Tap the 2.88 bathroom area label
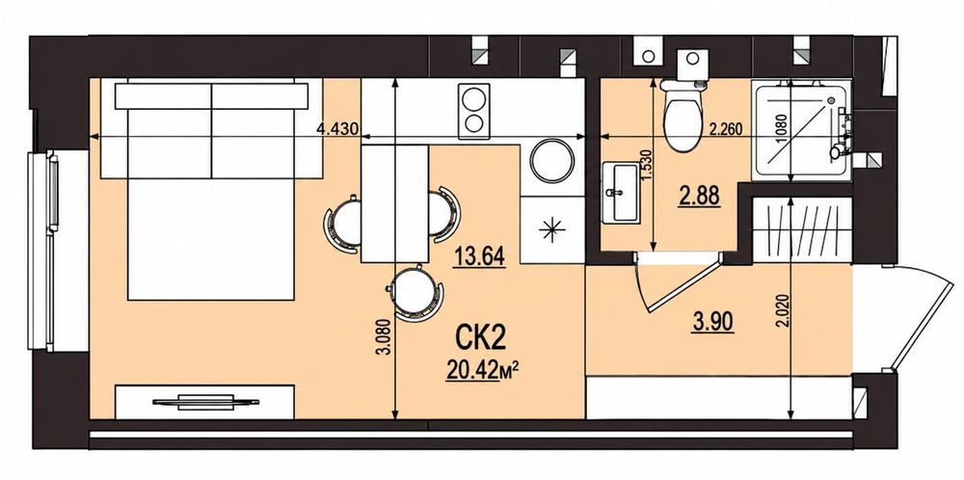(x=699, y=197)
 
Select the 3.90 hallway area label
(x=713, y=321)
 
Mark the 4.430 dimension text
(x=336, y=130)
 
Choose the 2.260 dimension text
(x=726, y=130)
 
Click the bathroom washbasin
(x=621, y=193)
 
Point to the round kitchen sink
(x=552, y=161)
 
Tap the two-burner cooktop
(x=474, y=111)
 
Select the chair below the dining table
(x=416, y=293)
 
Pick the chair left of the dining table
(x=342, y=223)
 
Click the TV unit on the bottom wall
(x=205, y=401)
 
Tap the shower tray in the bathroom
(x=801, y=131)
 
